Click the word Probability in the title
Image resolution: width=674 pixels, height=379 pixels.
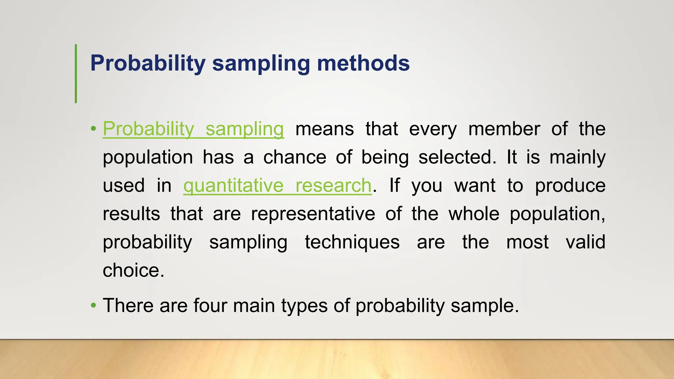pos(148,63)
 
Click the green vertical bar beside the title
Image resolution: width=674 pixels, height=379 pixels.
pos(76,74)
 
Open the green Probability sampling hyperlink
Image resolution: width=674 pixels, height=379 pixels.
pos(193,129)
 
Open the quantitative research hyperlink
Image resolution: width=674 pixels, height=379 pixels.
pos(277,186)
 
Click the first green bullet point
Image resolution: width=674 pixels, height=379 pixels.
pos(93,129)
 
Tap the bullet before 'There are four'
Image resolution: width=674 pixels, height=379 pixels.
pos(93,305)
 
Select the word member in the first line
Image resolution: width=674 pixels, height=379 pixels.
pos(504,129)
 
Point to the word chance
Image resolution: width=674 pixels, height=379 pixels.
pos(295,157)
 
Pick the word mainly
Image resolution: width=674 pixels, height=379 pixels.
pos(577,157)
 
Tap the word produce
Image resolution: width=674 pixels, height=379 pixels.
pos(570,186)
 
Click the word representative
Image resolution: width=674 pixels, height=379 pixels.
pos(313,214)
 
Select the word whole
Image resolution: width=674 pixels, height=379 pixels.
pos(474,214)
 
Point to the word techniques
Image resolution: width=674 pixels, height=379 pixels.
pos(352,242)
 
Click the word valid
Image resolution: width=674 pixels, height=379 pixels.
pos(585,242)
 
